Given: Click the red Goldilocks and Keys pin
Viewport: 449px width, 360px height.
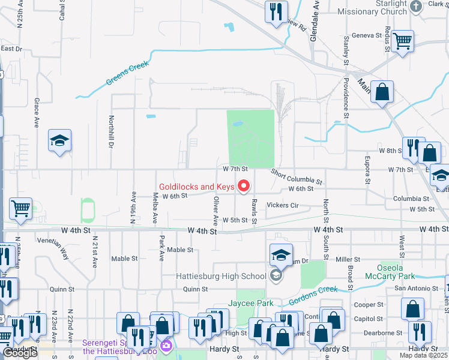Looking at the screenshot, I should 244,187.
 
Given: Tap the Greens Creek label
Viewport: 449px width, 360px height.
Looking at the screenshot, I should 126,74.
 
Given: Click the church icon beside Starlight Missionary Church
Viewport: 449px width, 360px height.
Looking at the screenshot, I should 416,7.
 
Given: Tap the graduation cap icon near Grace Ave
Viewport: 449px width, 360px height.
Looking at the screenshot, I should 60,140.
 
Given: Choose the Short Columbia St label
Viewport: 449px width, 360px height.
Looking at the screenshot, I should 297,176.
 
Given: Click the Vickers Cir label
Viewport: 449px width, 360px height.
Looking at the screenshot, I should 283,205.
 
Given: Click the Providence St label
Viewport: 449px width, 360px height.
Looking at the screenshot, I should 346,97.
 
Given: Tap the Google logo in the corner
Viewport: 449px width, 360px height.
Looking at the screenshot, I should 20,353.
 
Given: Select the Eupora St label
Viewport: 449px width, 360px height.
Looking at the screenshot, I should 367,169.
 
